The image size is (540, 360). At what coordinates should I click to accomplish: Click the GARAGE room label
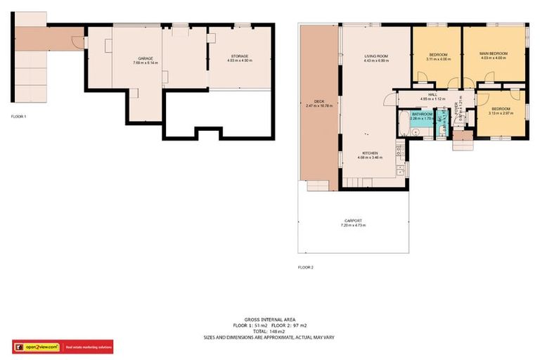[x=146, y=59]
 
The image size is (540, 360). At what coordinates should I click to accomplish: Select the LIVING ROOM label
[x=376, y=56]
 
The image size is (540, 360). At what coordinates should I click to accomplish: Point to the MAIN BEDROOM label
[x=493, y=53]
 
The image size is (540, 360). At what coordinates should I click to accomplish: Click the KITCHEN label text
[x=371, y=153]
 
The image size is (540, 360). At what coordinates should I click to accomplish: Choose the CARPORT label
[x=353, y=220]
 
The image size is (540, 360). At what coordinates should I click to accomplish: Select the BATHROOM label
[x=422, y=113]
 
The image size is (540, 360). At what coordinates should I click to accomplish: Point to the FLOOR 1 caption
[x=18, y=116]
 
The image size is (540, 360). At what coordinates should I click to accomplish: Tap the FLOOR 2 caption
[x=305, y=267]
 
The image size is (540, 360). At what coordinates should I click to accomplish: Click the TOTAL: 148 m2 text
[x=269, y=331]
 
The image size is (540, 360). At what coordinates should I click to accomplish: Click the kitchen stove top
[x=399, y=148]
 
